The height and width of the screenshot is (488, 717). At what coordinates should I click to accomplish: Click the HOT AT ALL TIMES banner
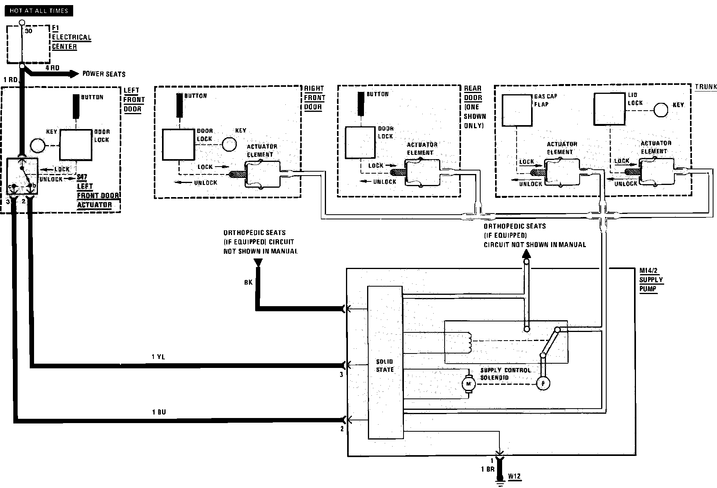tap(39, 11)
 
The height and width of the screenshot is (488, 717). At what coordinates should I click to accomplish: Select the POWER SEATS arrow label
tap(104, 74)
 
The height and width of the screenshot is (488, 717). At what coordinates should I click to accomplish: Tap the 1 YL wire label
tap(159, 357)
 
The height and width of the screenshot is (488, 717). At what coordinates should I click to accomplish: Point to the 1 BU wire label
tap(159, 412)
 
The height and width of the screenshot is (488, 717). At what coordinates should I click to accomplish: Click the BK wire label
tap(248, 282)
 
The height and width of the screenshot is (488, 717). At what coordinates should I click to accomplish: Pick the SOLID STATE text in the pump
tap(385, 366)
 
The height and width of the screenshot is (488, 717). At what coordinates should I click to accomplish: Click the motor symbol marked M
tap(468, 384)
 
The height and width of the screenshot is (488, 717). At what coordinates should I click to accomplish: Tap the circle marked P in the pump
tap(543, 384)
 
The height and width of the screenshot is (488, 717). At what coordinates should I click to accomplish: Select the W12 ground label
tap(514, 477)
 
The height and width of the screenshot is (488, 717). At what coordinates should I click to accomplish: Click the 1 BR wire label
tap(488, 469)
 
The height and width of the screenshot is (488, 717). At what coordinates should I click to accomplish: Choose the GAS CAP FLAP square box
tap(517, 110)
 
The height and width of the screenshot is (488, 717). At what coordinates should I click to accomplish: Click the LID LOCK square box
tap(609, 109)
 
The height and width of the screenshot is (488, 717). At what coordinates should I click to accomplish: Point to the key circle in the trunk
tap(661, 110)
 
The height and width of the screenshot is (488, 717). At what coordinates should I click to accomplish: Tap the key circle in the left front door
tap(38, 146)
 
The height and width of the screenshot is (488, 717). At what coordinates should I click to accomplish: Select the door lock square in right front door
tap(179, 145)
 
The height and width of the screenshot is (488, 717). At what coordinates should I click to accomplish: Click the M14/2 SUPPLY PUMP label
tap(651, 280)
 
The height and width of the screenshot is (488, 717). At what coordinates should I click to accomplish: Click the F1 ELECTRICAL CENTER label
tap(71, 38)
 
